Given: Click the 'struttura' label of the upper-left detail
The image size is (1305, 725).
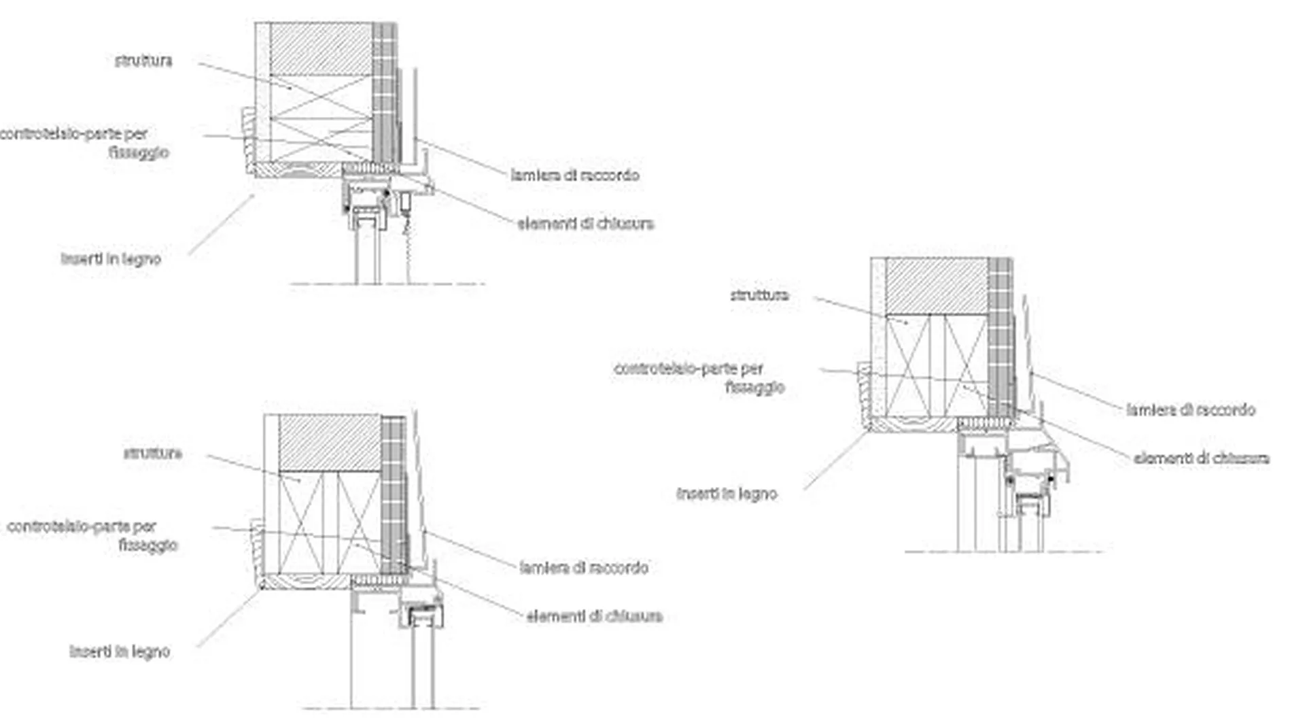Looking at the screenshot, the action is (x=143, y=61).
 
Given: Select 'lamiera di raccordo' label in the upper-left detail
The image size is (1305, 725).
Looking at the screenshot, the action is (x=575, y=175).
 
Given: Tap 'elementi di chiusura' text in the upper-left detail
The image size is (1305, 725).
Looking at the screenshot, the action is (x=585, y=223).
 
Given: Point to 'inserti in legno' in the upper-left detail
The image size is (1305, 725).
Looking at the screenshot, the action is (x=111, y=259).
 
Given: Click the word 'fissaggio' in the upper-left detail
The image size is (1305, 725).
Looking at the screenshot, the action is (x=139, y=152).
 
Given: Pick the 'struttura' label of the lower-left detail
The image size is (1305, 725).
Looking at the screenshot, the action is (x=152, y=453).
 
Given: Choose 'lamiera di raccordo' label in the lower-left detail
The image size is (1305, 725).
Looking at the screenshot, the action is (x=584, y=567).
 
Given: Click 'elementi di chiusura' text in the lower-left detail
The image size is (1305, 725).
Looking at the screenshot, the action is (x=594, y=616).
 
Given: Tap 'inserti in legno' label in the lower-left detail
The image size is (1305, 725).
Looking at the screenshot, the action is (x=120, y=652).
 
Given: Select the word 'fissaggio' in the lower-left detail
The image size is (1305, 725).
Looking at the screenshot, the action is (x=147, y=545).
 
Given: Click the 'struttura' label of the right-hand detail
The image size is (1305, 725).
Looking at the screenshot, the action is (x=759, y=295).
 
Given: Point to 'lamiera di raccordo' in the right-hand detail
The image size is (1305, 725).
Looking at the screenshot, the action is (x=1191, y=409).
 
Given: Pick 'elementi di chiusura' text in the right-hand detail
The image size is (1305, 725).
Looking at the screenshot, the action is (x=1201, y=458).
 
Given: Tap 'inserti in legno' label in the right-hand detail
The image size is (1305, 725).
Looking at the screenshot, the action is (x=727, y=494).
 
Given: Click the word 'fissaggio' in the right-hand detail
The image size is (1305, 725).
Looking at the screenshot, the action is (x=754, y=387).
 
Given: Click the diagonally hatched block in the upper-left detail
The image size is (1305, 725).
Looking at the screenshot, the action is (x=321, y=49).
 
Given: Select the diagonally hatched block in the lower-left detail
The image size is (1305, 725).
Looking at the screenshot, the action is (x=330, y=443).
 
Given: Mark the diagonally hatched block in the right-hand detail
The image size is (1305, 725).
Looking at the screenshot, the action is (x=937, y=286).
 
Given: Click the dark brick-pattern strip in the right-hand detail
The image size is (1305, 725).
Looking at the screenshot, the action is (x=1000, y=337).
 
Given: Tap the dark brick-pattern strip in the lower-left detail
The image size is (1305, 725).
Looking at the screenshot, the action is (x=394, y=494).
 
